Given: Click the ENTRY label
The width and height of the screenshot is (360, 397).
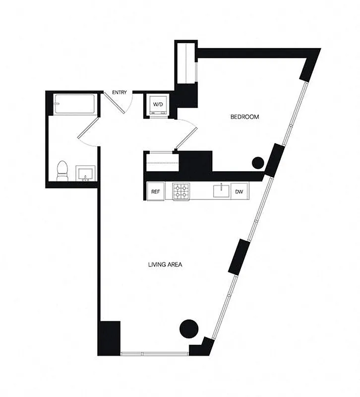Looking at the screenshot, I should point(120,92).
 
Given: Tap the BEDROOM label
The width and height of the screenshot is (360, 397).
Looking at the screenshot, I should point(245,117).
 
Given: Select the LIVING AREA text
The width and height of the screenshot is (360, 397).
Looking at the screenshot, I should point(165,265).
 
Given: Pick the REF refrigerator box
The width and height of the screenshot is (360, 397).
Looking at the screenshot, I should point(155,192).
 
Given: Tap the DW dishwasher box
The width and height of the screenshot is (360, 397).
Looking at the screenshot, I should point(239,192).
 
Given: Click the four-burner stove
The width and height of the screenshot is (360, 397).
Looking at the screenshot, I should point(181,192).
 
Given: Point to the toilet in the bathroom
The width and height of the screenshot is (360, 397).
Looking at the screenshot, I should point(62,171).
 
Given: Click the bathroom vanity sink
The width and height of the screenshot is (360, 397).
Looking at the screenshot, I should point(85,174).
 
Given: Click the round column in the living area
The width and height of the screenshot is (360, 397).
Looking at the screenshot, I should point(188,328).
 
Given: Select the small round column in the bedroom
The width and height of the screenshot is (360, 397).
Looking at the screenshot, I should point(258,162).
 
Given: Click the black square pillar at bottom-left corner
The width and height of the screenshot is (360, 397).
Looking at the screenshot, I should point(109,338).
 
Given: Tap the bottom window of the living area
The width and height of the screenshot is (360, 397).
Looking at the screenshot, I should point(154,353).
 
